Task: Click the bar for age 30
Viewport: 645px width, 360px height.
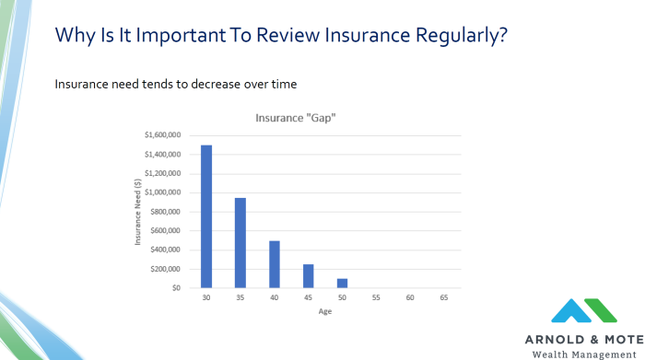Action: [206, 216]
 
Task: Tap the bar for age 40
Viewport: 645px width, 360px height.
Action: [275, 264]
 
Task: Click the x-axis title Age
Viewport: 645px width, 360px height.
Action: [324, 311]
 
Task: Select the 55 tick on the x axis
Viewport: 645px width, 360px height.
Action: [375, 298]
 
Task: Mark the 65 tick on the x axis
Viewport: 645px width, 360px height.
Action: [443, 298]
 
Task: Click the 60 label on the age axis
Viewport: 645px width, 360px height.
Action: [409, 298]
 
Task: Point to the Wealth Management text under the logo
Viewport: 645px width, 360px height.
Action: [587, 353]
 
